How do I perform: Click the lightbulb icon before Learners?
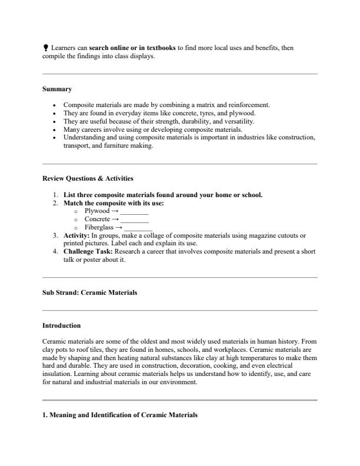pyautogui.click(x=45, y=48)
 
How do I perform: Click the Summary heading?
pyautogui.click(x=57, y=89)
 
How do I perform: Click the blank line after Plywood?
pyautogui.click(x=134, y=211)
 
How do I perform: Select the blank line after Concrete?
pyautogui.click(x=134, y=219)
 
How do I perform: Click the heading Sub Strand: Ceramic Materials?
pyautogui.click(x=90, y=292)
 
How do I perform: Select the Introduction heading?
pyautogui.click(x=62, y=325)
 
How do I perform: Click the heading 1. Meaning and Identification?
pyautogui.click(x=120, y=415)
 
